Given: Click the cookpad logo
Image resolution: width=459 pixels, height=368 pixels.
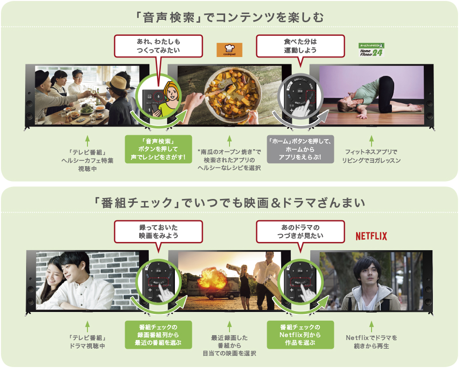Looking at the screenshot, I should point(229,50).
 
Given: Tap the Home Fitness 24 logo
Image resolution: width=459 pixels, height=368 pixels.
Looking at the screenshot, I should point(371,50).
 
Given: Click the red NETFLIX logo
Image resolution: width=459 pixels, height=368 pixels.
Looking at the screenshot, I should point(371,236).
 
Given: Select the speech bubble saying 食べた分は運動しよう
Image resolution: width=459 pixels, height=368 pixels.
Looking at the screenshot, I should point(300,45).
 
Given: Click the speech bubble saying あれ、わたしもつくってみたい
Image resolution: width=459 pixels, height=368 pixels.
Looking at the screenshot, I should point(158,45).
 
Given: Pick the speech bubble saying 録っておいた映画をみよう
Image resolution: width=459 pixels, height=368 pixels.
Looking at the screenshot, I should point(158,232).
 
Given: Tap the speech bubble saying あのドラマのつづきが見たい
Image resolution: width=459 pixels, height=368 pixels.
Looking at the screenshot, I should point(300,232).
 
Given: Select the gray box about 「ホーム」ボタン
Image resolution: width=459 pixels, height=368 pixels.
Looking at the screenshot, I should point(300,149).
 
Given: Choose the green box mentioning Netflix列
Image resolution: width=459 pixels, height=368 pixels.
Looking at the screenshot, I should point(300,335).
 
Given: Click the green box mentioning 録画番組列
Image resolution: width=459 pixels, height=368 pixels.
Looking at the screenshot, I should point(158,335).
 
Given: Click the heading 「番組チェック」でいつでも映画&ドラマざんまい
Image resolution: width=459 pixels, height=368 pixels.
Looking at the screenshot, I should point(229,202).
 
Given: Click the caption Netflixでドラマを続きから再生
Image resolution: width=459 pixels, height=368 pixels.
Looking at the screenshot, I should point(372,342).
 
